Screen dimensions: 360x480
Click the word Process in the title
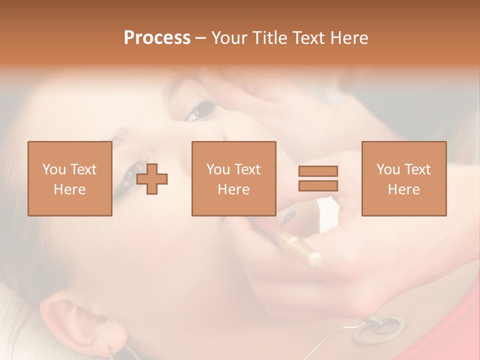tap(157, 37)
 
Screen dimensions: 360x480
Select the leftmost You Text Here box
tap(69, 178)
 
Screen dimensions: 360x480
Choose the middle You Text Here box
tap(233, 178)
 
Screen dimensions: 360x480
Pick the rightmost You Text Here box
tap(403, 178)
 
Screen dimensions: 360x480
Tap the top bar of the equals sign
tap(318, 171)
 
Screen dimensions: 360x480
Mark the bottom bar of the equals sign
tap(318, 185)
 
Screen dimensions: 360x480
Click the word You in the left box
tap(53, 169)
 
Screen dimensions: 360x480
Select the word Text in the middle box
tap(247, 169)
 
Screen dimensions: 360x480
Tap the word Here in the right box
tap(403, 189)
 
